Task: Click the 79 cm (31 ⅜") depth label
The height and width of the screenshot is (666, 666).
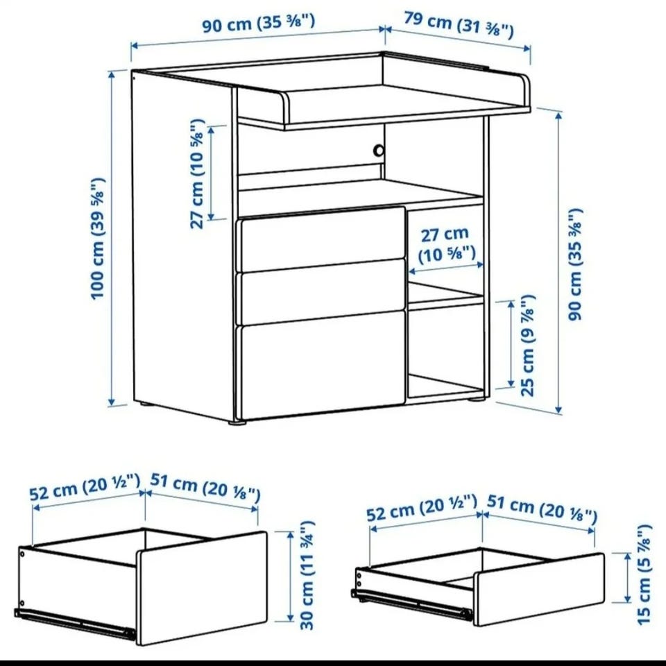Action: click(459, 25)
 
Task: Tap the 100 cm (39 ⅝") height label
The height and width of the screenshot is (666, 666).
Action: click(98, 238)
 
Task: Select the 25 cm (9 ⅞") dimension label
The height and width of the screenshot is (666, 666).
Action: click(527, 345)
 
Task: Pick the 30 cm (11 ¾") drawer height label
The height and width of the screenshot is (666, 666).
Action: click(307, 576)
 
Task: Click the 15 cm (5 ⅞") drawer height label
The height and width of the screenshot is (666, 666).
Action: click(644, 574)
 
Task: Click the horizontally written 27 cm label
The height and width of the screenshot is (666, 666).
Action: click(446, 244)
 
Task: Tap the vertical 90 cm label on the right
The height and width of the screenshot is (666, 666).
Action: click(575, 264)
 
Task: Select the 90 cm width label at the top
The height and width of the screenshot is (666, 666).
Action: click(258, 23)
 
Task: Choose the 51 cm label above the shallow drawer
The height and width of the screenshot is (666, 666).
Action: click(542, 509)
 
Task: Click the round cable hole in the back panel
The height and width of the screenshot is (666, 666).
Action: click(379, 151)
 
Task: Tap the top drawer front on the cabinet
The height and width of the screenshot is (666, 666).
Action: click(323, 239)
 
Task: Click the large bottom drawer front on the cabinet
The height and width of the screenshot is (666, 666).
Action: click(323, 366)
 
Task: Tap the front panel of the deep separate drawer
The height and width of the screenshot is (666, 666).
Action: click(202, 588)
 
